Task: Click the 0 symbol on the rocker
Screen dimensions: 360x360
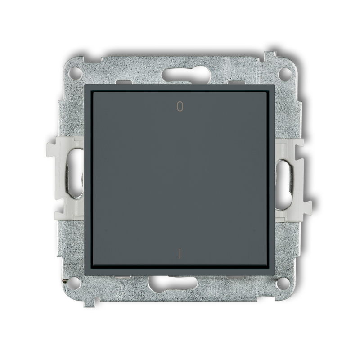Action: pyautogui.click(x=180, y=107)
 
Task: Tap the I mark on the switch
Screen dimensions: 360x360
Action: pyautogui.click(x=180, y=254)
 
